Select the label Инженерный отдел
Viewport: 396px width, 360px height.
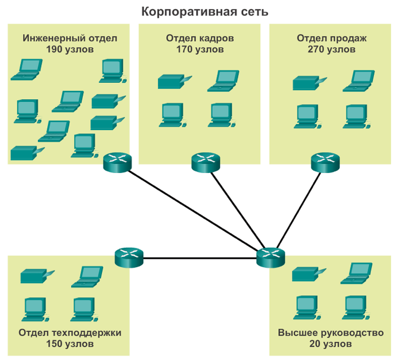[70, 38]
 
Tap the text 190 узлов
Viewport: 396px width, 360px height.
[70, 49]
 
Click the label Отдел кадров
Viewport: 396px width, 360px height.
[199, 38]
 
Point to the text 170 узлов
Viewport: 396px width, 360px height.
[199, 49]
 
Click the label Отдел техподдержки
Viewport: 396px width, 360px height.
[70, 332]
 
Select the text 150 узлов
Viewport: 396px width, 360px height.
[70, 343]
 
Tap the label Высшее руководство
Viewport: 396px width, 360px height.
[331, 332]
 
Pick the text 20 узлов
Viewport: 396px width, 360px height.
[331, 343]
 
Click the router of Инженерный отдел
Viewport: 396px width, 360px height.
[117, 162]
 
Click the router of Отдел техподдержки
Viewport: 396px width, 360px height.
[129, 257]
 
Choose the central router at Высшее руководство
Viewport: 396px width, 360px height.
[271, 257]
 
